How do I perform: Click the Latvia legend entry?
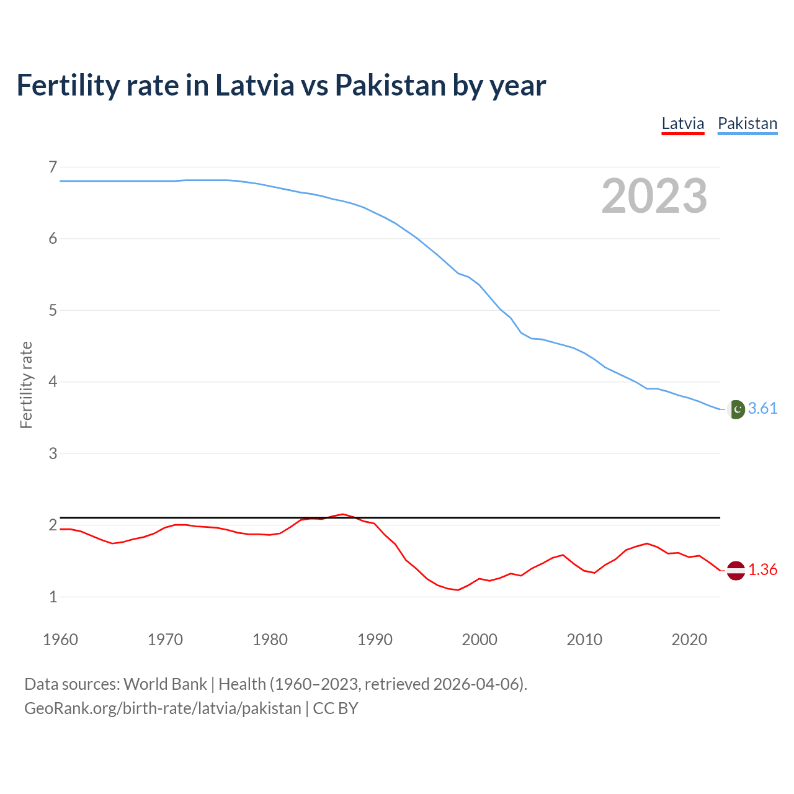tap(682, 123)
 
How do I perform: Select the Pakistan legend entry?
tap(747, 123)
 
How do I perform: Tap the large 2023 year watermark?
tap(654, 196)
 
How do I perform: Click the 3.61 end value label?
tap(762, 408)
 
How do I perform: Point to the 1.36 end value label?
tap(762, 569)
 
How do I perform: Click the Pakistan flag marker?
tap(736, 409)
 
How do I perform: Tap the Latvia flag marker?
tap(736, 570)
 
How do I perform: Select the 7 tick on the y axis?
tap(53, 167)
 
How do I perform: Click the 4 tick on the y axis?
tap(53, 381)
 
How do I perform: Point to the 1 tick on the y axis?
tap(53, 597)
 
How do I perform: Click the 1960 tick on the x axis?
tap(60, 640)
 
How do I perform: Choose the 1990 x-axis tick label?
tap(375, 640)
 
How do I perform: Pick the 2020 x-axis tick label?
tap(689, 640)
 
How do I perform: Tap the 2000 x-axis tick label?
tap(480, 640)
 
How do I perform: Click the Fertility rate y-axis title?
tap(26, 385)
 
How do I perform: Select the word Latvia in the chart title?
tap(254, 86)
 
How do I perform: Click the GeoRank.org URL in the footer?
tap(163, 708)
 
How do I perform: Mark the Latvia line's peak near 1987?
tap(342, 514)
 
